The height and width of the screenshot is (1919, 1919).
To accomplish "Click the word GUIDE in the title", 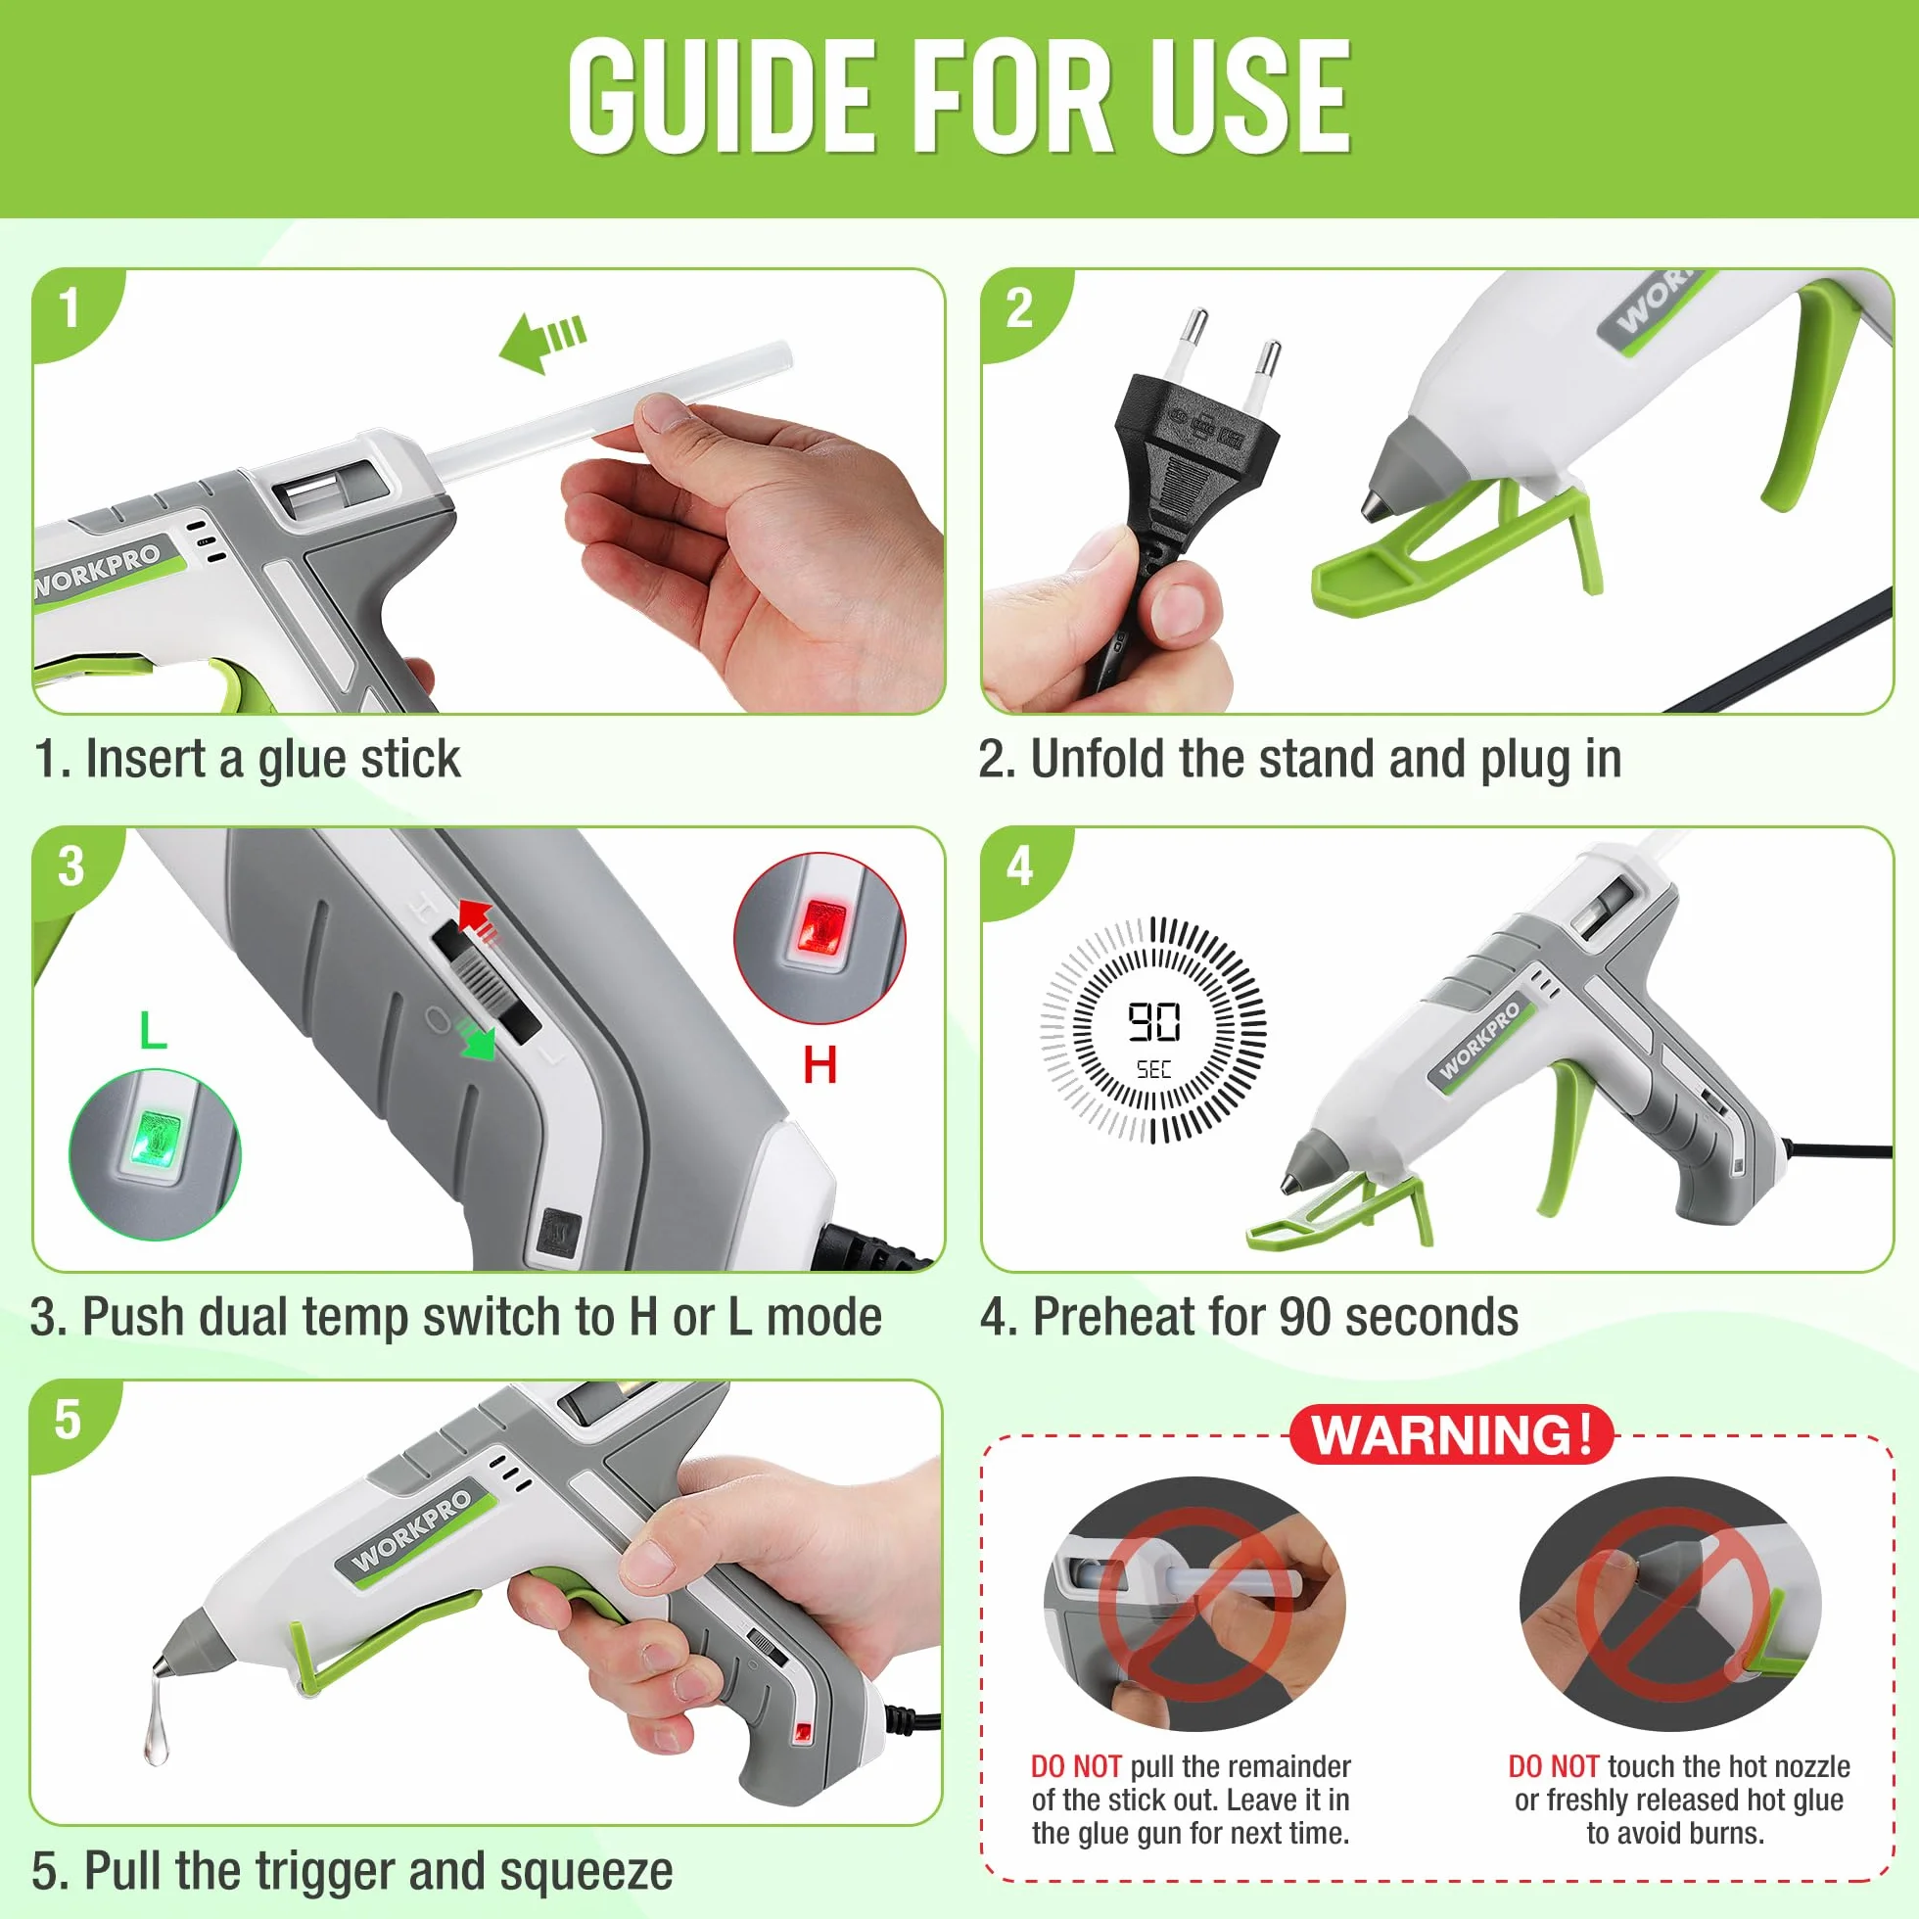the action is (723, 96).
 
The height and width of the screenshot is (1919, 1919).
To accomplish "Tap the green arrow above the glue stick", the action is (542, 341).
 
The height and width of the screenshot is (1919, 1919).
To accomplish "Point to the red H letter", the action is (819, 1065).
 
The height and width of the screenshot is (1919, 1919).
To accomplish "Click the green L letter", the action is (153, 1030).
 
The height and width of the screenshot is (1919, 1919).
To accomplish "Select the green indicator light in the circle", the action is (156, 1139).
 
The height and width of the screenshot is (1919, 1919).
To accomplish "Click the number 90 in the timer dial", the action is (1153, 1021).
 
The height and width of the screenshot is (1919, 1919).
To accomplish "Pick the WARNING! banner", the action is (1451, 1434).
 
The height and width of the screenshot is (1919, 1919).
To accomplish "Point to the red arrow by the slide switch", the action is (480, 918).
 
